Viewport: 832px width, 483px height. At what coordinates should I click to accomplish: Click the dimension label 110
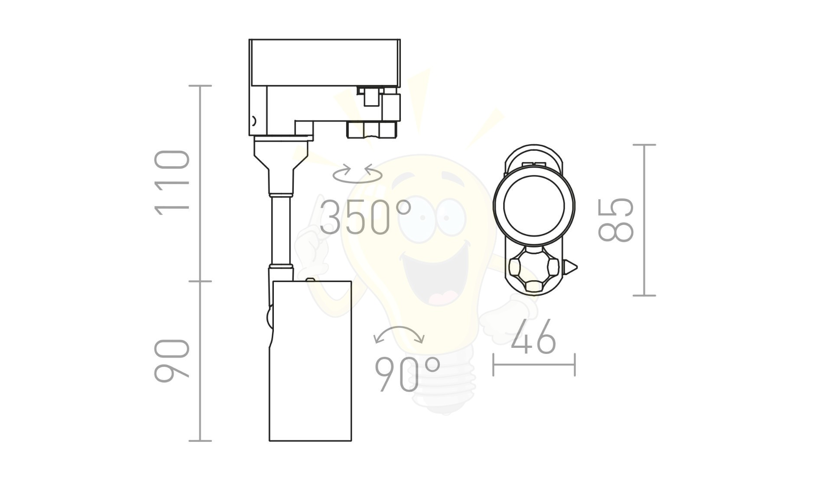pyautogui.click(x=172, y=182)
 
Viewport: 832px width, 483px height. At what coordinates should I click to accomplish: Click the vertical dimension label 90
pyautogui.click(x=172, y=360)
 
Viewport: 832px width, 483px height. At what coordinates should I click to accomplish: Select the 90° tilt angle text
pyautogui.click(x=407, y=374)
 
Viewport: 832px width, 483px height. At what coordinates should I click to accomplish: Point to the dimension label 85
pyautogui.click(x=616, y=220)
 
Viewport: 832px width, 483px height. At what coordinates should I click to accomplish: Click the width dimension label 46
pyautogui.click(x=533, y=336)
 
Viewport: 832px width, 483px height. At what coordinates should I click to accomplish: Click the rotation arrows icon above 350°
pyautogui.click(x=357, y=173)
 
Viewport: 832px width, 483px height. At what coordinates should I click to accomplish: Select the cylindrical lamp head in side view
pyautogui.click(x=310, y=360)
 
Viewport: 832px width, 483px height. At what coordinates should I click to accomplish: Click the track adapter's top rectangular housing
pyautogui.click(x=325, y=62)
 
